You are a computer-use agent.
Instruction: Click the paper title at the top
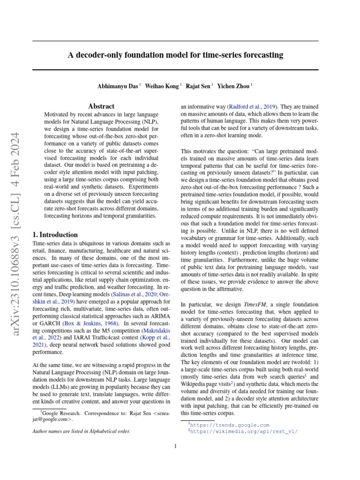tap(176, 55)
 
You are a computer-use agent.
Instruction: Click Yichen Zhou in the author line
tap(234, 86)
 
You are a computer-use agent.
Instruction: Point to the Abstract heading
tap(101, 106)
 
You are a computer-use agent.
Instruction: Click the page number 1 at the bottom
tap(175, 446)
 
